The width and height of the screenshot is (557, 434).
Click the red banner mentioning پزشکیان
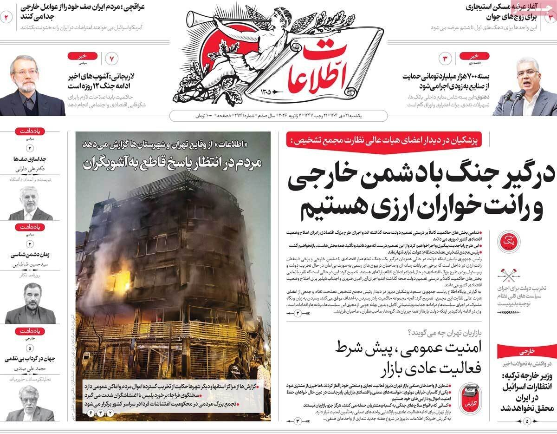(386, 138)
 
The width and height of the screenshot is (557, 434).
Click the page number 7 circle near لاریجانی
(112, 59)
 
